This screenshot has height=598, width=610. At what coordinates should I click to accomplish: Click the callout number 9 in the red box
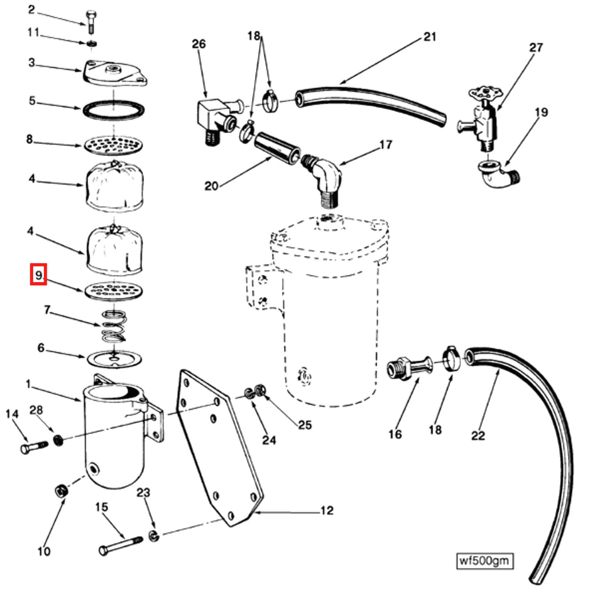pyautogui.click(x=38, y=274)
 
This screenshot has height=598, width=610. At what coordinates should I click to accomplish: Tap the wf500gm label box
pyautogui.click(x=485, y=561)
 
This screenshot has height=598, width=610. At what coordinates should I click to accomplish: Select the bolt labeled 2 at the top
pyautogui.click(x=90, y=22)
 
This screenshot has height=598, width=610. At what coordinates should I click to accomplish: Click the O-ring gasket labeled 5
pyautogui.click(x=114, y=109)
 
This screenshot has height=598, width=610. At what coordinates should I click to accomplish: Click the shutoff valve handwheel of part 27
pyautogui.click(x=485, y=94)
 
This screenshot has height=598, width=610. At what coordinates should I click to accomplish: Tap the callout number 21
pyautogui.click(x=430, y=37)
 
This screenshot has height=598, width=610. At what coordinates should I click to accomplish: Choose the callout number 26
pyautogui.click(x=199, y=44)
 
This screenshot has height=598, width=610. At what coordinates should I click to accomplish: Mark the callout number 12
pyautogui.click(x=326, y=510)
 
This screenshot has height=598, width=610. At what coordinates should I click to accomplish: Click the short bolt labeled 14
pyautogui.click(x=33, y=447)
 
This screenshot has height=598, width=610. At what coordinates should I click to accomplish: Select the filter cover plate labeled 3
pyautogui.click(x=114, y=74)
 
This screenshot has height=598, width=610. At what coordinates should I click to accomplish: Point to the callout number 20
pyautogui.click(x=211, y=186)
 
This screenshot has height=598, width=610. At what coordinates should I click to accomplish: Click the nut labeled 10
pyautogui.click(x=61, y=491)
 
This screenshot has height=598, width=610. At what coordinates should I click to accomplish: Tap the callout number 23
pyautogui.click(x=143, y=492)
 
